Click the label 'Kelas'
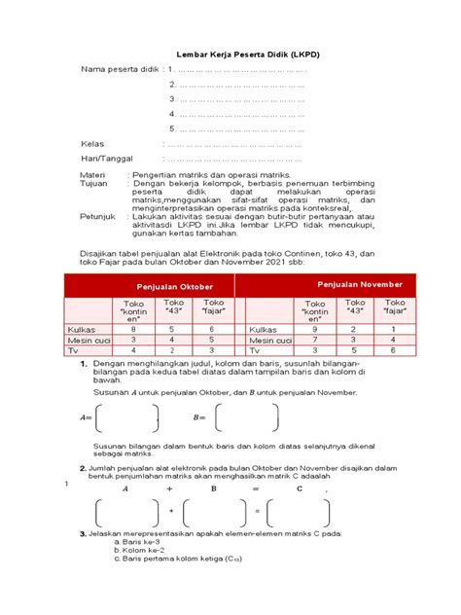(92, 143)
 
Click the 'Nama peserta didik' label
(119, 69)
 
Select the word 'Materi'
(93, 175)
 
